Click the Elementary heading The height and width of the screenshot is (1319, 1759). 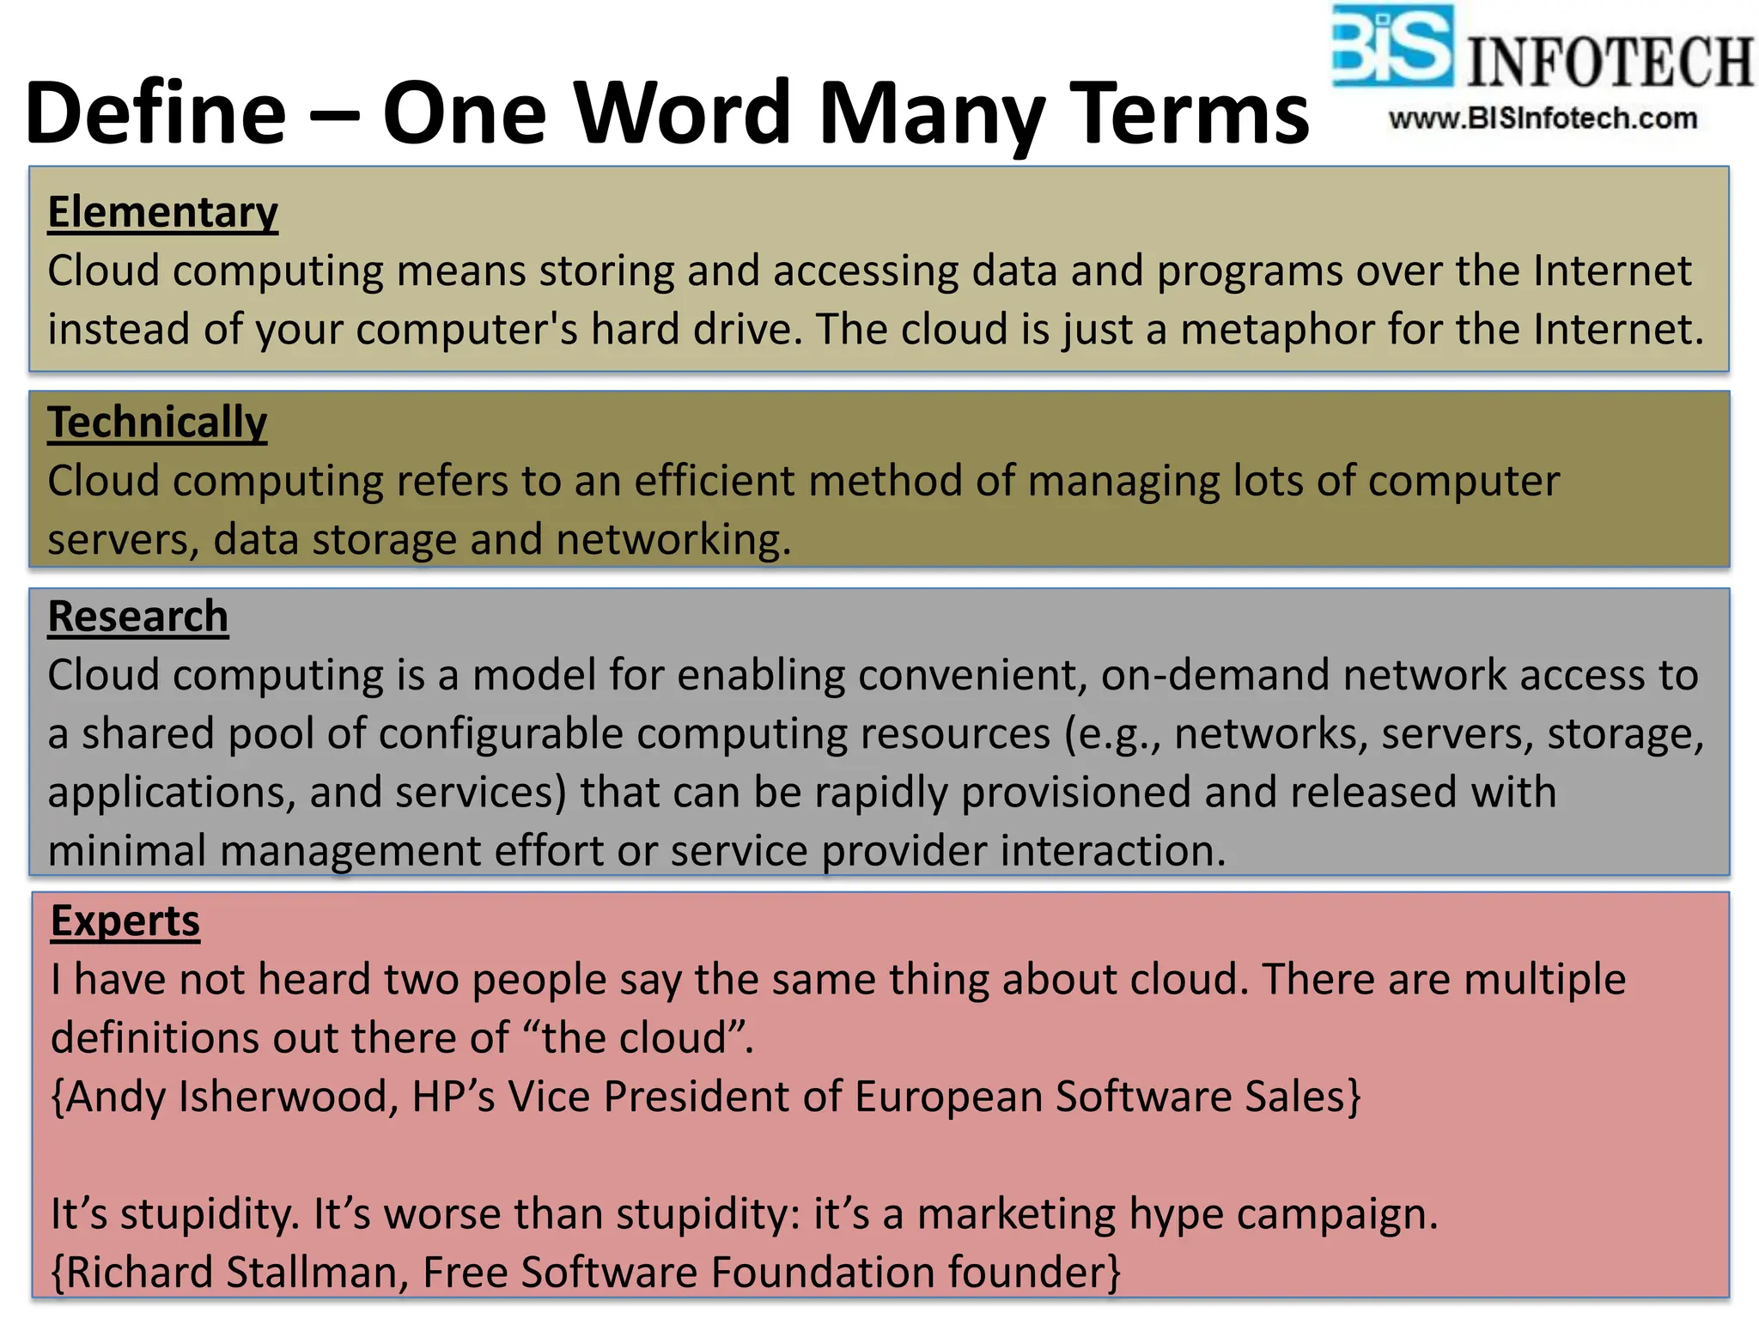coord(162,212)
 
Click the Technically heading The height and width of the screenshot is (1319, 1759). coord(157,422)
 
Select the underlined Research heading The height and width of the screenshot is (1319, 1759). coord(137,617)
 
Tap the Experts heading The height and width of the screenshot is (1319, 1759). coord(125,921)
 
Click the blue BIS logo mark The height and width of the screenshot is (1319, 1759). coord(1392,46)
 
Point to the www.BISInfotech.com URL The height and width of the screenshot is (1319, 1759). coord(1543,119)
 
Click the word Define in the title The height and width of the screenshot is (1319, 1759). coord(155,113)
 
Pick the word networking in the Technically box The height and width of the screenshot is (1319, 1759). coord(673,540)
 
